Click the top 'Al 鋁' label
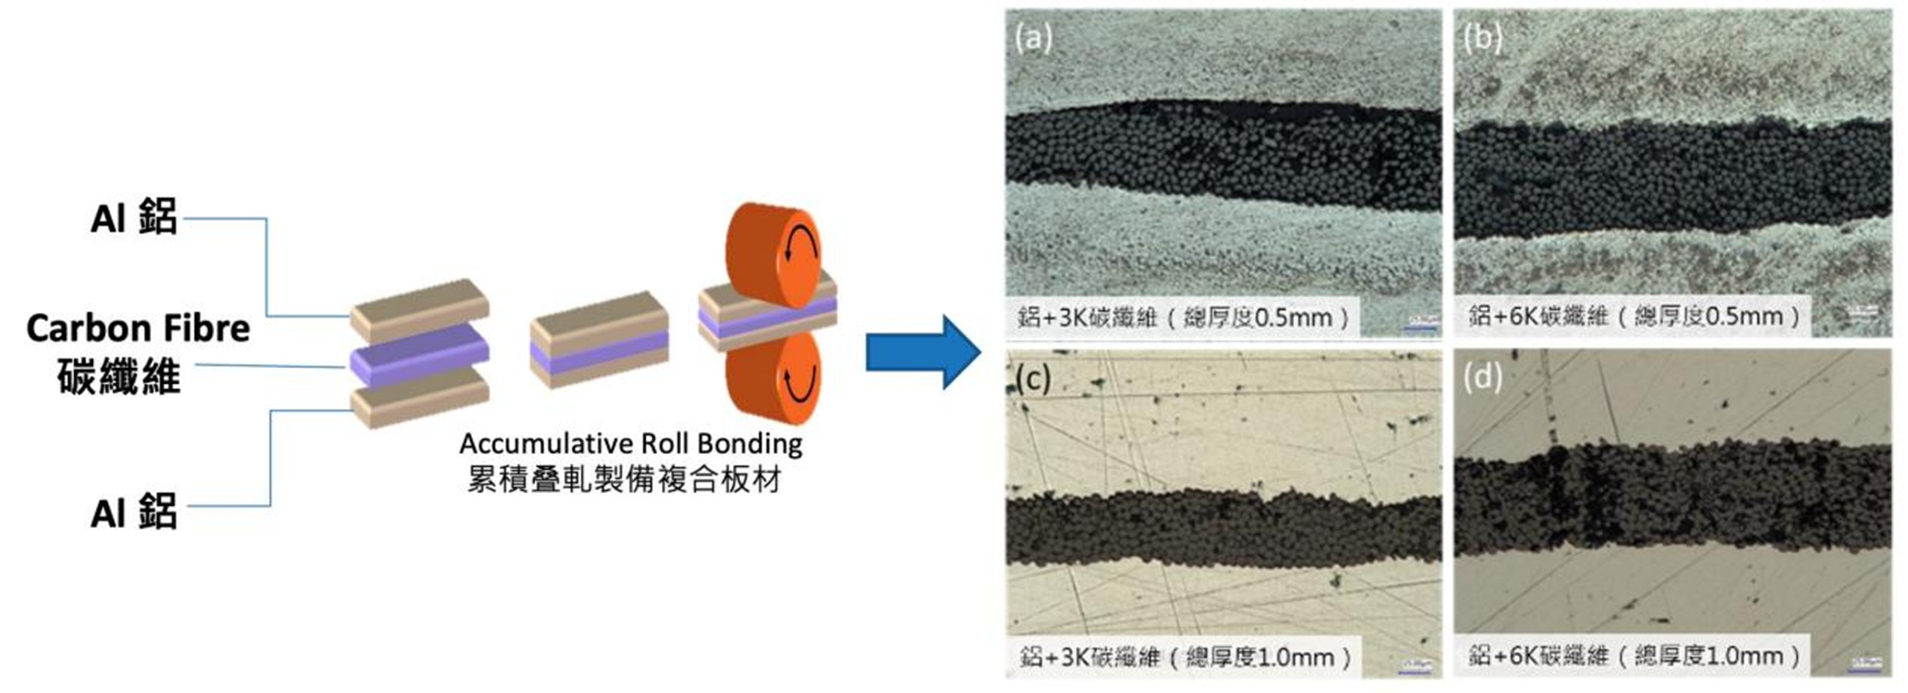[x=134, y=218]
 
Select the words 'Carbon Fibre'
[x=139, y=328]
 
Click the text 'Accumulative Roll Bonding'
[x=630, y=443]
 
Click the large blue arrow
[x=923, y=352]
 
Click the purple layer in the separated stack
[x=419, y=355]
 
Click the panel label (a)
[x=1034, y=37]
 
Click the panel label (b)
[x=1482, y=37]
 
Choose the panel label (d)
[x=1482, y=377]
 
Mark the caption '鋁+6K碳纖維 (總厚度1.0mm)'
[x=1633, y=656]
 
